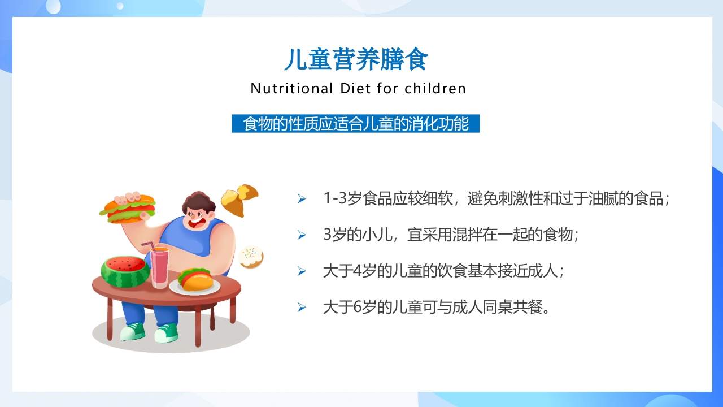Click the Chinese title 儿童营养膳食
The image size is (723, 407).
pos(356,59)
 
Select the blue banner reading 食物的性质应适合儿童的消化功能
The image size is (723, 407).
pos(355,124)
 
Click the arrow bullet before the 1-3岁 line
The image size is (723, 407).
pos(302,199)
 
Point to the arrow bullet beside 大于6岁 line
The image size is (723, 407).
pos(302,308)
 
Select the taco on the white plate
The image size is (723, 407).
pos(195,279)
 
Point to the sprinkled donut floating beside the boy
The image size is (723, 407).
pos(251,257)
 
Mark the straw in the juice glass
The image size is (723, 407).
pos(148,245)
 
